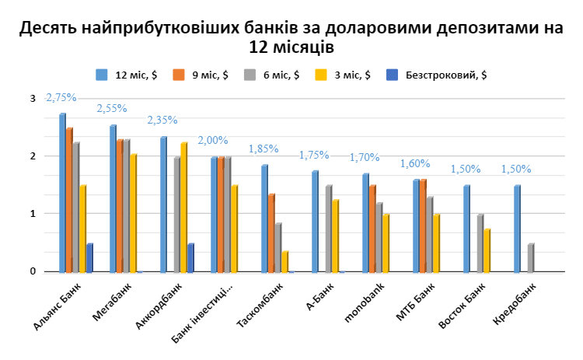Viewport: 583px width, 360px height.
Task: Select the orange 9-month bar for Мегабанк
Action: [119, 205]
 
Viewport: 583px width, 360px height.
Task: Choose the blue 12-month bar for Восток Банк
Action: [466, 229]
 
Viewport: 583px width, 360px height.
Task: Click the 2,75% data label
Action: [61, 98]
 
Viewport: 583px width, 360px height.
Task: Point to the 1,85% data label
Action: [263, 149]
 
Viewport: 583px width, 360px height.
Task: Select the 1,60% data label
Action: [414, 163]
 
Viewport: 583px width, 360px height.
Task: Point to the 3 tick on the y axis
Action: [33, 99]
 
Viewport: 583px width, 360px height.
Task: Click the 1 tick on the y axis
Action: [33, 214]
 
